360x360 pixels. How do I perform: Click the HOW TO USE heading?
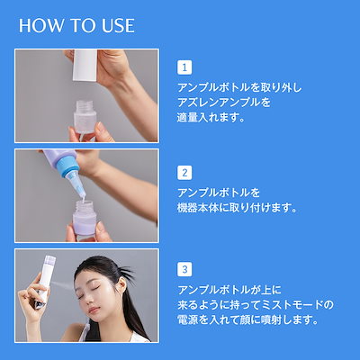(76, 25)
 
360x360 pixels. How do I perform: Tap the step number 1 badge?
(184, 67)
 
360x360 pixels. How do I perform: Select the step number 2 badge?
(184, 173)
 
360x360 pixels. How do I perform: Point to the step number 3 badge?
(184, 269)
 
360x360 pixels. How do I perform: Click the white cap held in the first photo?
(85, 65)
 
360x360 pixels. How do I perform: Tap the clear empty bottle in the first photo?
(85, 119)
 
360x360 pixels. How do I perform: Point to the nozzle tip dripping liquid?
(82, 198)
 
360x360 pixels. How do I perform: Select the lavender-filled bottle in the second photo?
(85, 220)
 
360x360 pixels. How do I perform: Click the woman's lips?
(93, 310)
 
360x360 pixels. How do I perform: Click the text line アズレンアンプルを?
(224, 103)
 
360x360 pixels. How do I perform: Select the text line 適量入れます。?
(211, 117)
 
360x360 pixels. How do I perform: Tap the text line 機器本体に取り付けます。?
(237, 208)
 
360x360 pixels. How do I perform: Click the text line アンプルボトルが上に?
(229, 290)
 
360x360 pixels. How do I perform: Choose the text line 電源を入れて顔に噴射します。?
(247, 319)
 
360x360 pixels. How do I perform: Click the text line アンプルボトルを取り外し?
(239, 87)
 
